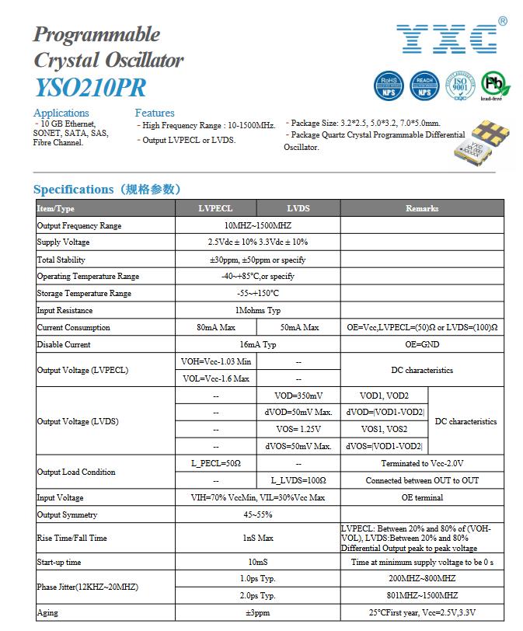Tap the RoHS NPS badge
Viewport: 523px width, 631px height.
coord(389,85)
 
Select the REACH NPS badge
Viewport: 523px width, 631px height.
coord(424,85)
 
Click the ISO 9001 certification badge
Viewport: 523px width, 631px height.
coord(459,85)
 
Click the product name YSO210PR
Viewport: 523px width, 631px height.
coord(89,86)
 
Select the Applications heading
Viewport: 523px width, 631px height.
coord(61,113)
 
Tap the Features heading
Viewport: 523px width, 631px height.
coord(155,113)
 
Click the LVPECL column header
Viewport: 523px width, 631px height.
coord(216,208)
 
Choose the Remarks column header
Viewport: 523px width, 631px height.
coord(422,208)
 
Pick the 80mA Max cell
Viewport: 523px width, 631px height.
coord(216,327)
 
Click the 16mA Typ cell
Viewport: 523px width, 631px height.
coord(258,344)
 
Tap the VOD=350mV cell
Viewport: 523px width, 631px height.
coord(298,396)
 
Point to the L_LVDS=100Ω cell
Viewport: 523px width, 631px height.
coord(298,480)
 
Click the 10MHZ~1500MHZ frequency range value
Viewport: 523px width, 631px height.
coord(258,225)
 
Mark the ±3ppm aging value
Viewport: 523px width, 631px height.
coord(258,613)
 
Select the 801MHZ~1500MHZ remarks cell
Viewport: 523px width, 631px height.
coord(422,595)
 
